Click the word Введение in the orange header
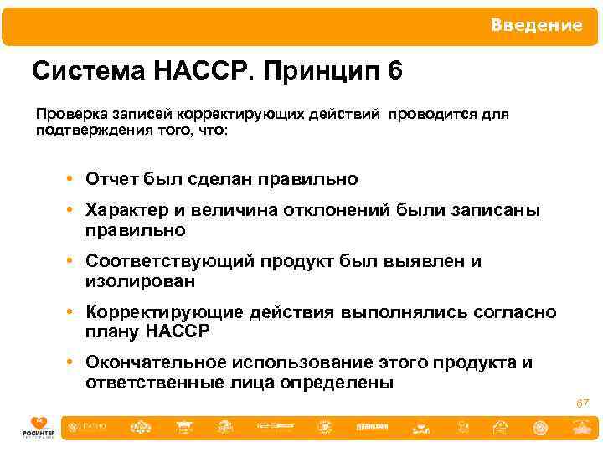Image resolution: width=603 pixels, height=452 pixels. click(x=536, y=26)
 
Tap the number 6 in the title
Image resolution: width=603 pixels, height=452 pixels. click(x=394, y=71)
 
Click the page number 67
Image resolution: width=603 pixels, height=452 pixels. click(x=582, y=403)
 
